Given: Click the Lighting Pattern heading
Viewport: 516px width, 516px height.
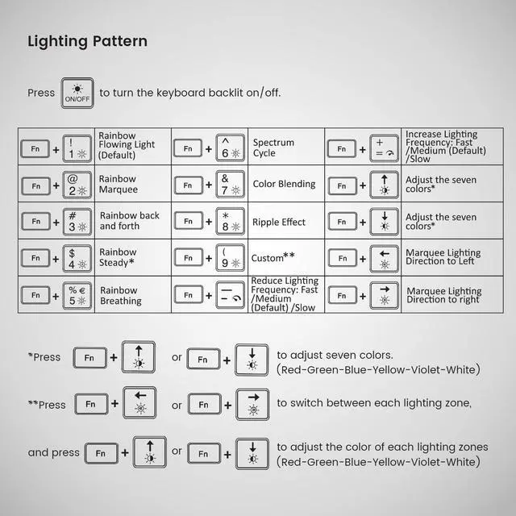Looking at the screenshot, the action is coord(88,41).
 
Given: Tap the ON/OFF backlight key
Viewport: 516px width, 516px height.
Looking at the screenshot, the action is coord(77,93).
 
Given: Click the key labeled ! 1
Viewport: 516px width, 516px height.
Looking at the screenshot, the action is coord(77,148).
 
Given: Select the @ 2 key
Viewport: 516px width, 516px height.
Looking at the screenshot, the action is coord(77,185).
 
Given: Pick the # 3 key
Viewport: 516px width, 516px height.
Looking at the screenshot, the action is coord(77,222).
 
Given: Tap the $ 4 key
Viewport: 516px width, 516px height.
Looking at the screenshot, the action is coord(77,258).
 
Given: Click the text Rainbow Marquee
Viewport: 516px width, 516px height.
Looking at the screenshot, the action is coord(118,185).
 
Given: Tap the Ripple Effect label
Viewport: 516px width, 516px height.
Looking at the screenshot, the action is coord(279,222).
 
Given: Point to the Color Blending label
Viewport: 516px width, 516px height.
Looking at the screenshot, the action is coord(284,184).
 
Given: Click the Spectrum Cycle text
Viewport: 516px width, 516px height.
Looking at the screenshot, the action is coord(273,148).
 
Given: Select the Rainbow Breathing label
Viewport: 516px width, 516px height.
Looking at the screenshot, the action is coord(120,295).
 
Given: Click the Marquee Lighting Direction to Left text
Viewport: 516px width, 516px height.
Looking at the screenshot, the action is coord(443,258).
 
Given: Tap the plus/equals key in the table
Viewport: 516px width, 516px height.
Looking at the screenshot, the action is coord(383,148).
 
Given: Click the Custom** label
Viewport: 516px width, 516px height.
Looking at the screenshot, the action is coord(273,258).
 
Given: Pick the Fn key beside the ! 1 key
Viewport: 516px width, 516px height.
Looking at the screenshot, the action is coord(35,148).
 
